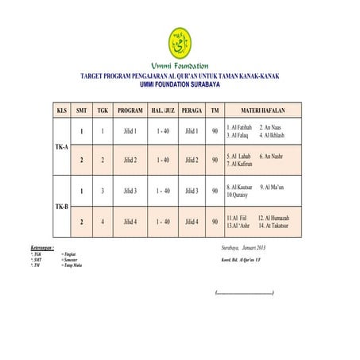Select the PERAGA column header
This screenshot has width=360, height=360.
tap(192, 109)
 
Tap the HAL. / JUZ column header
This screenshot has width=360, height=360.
tap(163, 109)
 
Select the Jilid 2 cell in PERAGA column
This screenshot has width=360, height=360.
tap(192, 161)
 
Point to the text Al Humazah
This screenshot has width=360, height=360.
tap(273, 217)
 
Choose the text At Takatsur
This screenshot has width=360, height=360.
tap(273, 226)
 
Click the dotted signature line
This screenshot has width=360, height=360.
tap(245, 294)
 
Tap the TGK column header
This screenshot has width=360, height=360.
tap(103, 109)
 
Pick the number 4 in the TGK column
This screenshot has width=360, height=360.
tap(103, 222)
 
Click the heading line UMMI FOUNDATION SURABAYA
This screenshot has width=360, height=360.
tap(180, 83)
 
